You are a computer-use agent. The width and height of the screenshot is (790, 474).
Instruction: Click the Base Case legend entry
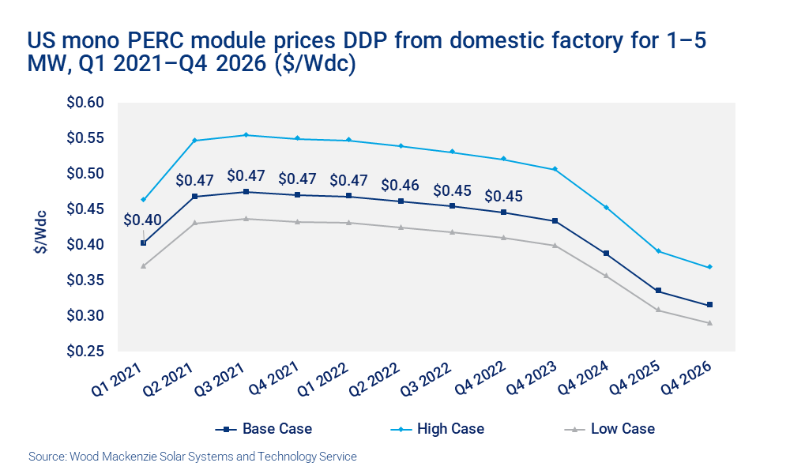(x=265, y=429)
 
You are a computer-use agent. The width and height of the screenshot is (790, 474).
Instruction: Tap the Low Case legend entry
(x=611, y=429)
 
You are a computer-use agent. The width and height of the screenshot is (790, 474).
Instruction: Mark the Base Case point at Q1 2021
(x=143, y=243)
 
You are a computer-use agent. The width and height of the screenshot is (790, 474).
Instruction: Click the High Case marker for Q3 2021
(x=246, y=135)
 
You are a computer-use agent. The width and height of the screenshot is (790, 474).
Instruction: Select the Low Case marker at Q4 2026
(x=709, y=323)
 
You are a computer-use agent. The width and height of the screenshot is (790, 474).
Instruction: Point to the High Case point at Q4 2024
(x=606, y=207)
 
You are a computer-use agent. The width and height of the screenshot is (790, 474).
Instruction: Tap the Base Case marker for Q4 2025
(x=658, y=291)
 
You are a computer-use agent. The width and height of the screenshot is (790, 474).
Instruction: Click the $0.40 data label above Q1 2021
(x=143, y=220)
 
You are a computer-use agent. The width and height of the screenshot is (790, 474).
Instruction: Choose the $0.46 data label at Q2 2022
(x=400, y=185)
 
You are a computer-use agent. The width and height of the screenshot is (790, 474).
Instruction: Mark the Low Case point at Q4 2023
(x=555, y=246)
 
